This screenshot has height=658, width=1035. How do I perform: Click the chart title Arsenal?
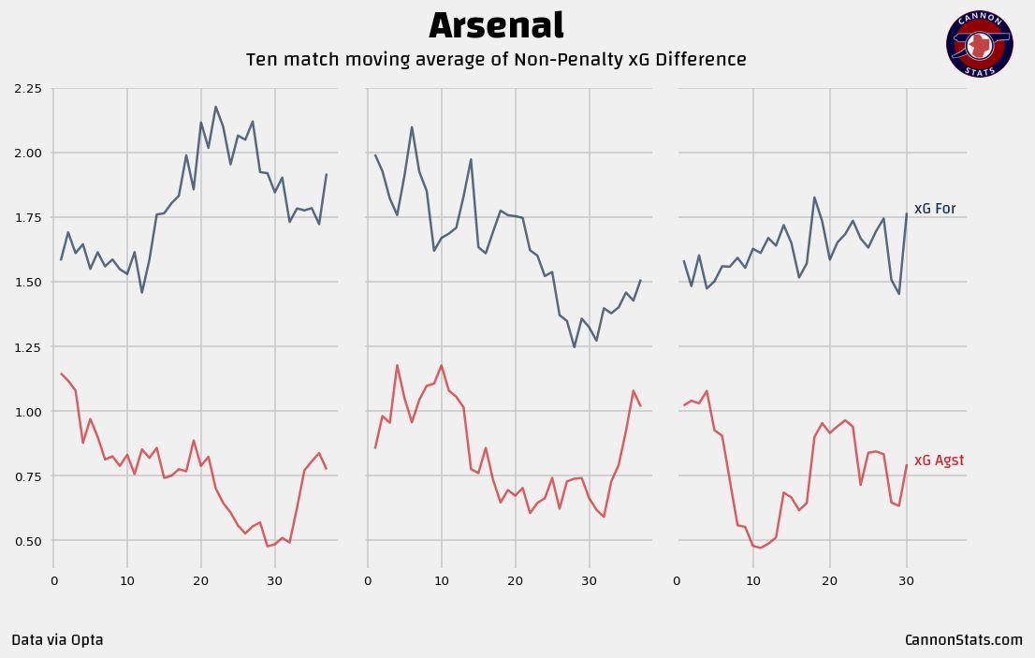496,26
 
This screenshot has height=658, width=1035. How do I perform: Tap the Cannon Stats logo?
979,44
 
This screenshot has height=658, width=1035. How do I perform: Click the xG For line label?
935,209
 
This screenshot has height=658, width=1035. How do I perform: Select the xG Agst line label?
939,461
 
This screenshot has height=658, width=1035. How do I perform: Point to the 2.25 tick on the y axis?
28,89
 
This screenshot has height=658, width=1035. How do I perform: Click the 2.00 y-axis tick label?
28,154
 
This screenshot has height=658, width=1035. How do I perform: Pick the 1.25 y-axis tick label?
28,347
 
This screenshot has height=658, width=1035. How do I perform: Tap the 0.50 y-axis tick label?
28,541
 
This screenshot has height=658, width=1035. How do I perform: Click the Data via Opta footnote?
57,640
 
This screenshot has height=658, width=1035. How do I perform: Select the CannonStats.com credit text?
963,640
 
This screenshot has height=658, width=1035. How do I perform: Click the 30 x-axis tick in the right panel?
906,581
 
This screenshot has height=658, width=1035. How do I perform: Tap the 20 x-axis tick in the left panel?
200,581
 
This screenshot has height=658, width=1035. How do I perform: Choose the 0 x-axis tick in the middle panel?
368,581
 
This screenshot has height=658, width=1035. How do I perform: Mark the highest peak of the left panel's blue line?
215,107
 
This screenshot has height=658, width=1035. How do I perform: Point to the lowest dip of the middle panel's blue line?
575,347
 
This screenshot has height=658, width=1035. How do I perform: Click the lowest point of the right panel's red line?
761,548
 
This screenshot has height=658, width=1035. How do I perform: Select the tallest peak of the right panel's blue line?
814,197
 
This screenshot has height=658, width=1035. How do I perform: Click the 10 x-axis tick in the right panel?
753,581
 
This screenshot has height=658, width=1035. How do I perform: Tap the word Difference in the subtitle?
701,60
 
